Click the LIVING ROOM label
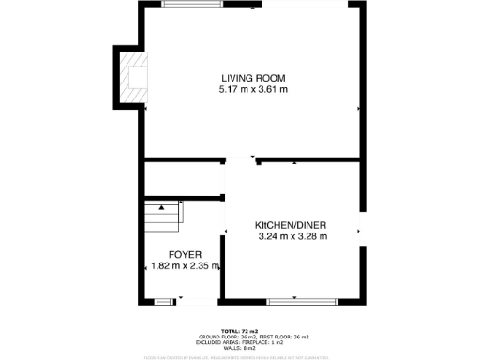coord(253,78)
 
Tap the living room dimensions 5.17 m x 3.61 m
coord(253,90)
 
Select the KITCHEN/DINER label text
coord(292,226)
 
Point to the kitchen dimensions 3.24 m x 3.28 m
coord(292,237)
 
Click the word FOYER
coord(185,255)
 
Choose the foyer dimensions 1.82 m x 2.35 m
coord(185,266)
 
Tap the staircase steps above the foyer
coord(161,218)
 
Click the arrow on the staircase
coord(161,206)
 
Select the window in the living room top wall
coord(191,4)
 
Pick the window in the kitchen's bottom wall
coord(295,301)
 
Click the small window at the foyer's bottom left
coord(164,301)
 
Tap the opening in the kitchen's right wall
coord(361,231)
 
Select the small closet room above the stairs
coord(183,178)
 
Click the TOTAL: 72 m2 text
coord(240,331)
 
